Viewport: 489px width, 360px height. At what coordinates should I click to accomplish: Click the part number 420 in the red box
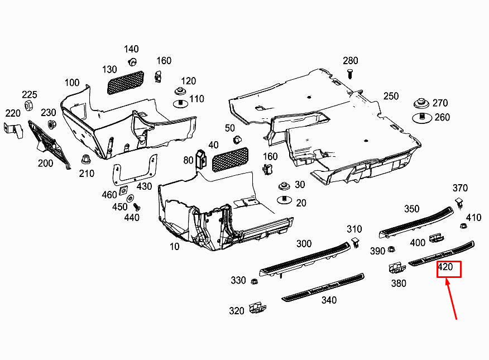coord(445,267)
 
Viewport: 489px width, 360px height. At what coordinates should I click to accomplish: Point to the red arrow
coord(451,299)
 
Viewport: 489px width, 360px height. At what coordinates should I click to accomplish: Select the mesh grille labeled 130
coord(126,83)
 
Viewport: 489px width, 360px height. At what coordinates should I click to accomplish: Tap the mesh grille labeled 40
coord(230,159)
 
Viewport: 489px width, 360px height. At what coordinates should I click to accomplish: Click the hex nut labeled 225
coord(28,105)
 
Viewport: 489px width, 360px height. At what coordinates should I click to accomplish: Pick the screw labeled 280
coord(350,74)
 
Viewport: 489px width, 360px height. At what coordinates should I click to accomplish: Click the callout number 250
coord(391,96)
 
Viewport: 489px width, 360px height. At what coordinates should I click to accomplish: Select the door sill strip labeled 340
coord(323,287)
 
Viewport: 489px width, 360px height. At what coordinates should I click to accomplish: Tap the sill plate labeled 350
coord(416,223)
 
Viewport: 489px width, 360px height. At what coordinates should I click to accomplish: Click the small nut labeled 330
coord(254,281)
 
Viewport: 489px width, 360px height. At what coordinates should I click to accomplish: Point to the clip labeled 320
coord(257,308)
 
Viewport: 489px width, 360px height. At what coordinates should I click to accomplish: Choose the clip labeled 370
coord(459,203)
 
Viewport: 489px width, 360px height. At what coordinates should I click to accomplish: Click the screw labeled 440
coord(137,207)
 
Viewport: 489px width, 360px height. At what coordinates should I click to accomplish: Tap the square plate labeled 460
coord(123,190)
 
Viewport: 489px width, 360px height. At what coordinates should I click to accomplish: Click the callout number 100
coord(72,83)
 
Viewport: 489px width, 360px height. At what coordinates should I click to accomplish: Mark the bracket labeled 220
coord(13,130)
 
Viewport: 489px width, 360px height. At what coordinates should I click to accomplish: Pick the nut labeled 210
coord(85,160)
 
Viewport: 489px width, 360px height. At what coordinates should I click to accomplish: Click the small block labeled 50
coord(237,139)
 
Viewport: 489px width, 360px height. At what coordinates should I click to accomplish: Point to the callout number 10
coord(174,247)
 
